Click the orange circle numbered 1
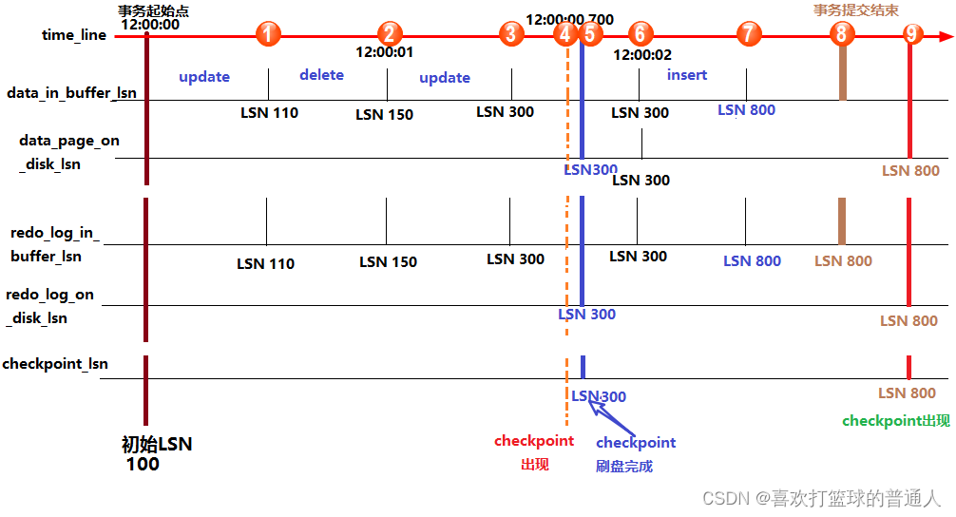click(x=269, y=34)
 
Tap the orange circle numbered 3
click(x=511, y=34)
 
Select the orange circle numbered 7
click(x=749, y=34)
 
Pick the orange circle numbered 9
click(x=912, y=34)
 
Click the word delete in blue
click(x=321, y=75)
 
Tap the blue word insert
click(x=686, y=75)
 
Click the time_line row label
click(x=74, y=35)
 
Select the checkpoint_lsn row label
click(x=55, y=364)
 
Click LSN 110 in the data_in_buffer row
click(x=269, y=113)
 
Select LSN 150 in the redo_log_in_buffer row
click(x=388, y=262)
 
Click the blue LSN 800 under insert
click(x=746, y=110)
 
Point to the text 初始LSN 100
click(x=155, y=454)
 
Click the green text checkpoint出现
click(x=895, y=421)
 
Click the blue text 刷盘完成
click(x=624, y=467)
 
